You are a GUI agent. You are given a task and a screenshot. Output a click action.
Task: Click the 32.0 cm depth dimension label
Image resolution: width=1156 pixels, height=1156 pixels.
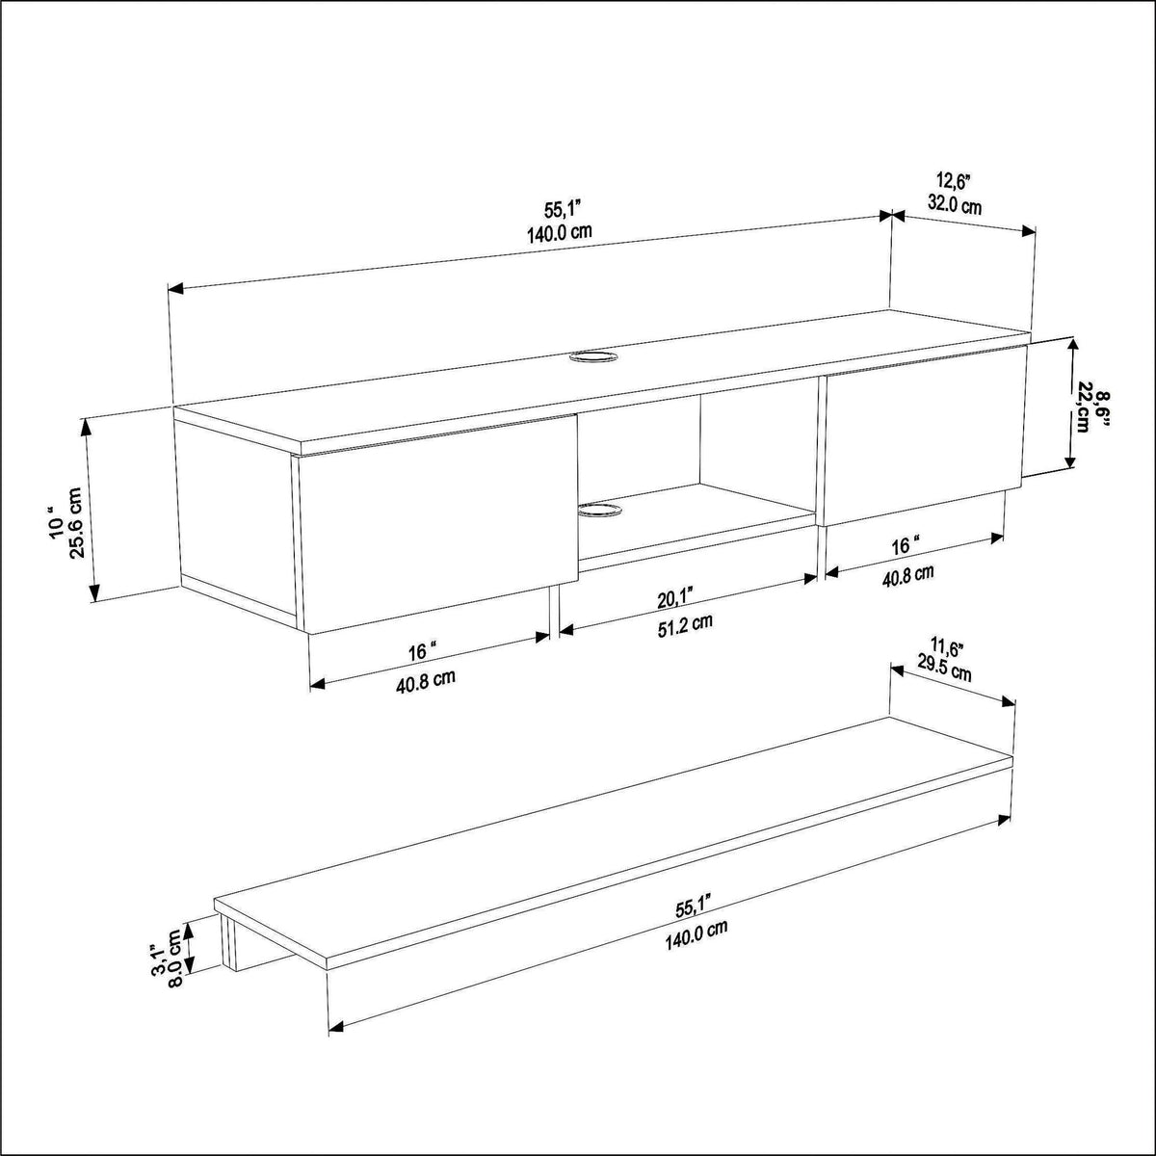pos(955,205)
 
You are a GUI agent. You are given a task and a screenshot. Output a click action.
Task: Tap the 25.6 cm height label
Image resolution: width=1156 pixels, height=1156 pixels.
pos(77,523)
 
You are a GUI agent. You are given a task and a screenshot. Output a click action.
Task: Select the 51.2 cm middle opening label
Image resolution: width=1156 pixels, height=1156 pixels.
pos(685,625)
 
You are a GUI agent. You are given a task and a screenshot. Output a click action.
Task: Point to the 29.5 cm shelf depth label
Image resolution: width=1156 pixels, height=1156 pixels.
pos(944,670)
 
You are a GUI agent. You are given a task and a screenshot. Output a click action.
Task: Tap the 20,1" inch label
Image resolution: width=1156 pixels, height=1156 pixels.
pos(675,597)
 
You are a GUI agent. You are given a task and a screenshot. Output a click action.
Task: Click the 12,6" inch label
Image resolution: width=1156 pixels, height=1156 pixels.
pos(954,179)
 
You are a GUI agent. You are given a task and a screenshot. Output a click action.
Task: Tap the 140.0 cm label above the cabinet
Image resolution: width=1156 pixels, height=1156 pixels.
pos(560,232)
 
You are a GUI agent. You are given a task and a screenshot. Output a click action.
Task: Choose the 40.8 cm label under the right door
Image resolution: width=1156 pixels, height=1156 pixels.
pos(908,574)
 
